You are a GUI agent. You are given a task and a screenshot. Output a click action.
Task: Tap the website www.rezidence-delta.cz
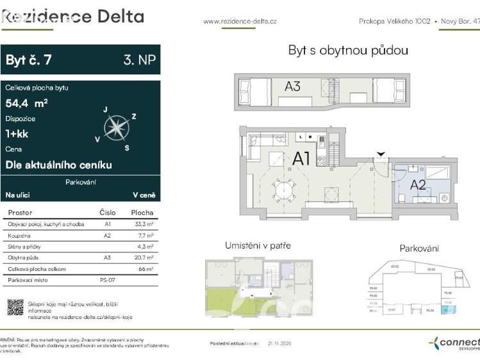click(x=240, y=21)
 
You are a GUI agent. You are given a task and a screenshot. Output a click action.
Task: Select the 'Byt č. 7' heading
click(x=29, y=60)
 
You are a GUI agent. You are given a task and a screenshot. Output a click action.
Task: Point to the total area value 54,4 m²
click(x=26, y=102)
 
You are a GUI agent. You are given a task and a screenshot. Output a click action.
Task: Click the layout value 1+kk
click(x=17, y=134)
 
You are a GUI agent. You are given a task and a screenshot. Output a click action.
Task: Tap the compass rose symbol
click(x=116, y=127)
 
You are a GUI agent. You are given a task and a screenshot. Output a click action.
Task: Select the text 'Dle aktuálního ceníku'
click(x=58, y=165)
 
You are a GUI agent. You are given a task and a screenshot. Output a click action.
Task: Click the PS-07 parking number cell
click(x=107, y=281)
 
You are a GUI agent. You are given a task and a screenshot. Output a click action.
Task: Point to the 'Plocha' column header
click(x=142, y=212)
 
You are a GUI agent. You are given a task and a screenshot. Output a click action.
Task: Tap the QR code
click(x=15, y=307)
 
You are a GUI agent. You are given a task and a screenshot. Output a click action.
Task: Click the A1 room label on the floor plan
click(x=302, y=158)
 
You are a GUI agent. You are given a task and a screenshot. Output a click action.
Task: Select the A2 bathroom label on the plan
click(x=418, y=185)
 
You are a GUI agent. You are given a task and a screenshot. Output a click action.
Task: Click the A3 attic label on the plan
click(x=292, y=86)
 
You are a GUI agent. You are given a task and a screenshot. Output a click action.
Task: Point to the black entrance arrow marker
click(x=381, y=154)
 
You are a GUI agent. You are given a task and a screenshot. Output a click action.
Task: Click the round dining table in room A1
click(x=283, y=189)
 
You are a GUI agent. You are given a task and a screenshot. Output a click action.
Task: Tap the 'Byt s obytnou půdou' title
click(x=348, y=51)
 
